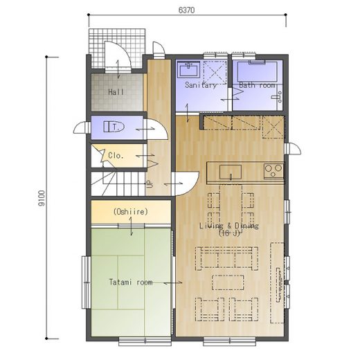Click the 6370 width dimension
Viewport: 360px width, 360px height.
[x=186, y=10]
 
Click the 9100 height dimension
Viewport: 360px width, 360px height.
[x=42, y=198]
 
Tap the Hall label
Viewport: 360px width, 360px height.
[x=116, y=92]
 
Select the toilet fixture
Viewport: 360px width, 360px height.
[x=114, y=127]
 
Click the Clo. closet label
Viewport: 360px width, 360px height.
[x=116, y=155]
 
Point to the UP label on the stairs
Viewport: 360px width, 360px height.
[x=149, y=184]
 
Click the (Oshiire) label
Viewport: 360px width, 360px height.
[x=131, y=212]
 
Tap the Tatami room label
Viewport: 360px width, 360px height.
[x=131, y=282]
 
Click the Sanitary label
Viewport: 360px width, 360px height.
[x=200, y=85]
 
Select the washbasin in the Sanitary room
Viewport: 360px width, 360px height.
[x=189, y=69]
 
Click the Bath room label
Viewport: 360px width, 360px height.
[x=257, y=85]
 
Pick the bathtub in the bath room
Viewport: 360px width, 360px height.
[x=257, y=71]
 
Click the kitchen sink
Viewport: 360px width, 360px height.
[x=231, y=172]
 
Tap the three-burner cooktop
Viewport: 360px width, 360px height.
[x=273, y=171]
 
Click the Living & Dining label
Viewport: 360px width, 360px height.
[x=229, y=226]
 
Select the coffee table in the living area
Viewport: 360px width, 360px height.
[x=228, y=282]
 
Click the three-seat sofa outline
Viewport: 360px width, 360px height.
[x=226, y=258]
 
